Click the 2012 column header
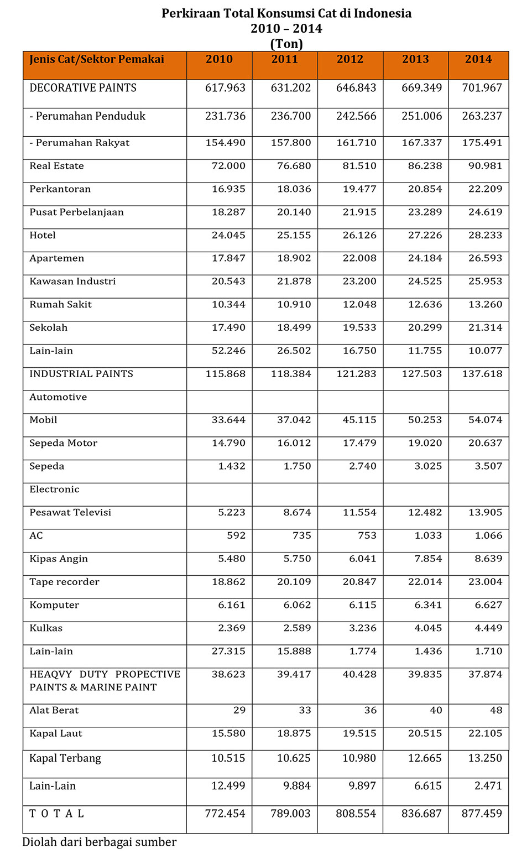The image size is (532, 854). [350, 60]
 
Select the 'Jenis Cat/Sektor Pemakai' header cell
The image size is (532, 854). [97, 60]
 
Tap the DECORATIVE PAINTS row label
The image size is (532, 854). [83, 88]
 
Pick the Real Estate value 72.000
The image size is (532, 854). [228, 166]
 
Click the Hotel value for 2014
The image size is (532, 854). [485, 235]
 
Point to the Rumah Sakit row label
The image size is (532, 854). [60, 305]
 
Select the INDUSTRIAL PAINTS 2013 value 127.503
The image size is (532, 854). [421, 374]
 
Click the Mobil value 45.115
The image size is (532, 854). [359, 420]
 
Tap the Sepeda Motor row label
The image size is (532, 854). [63, 443]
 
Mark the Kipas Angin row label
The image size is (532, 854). [59, 559]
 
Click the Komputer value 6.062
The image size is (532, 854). [297, 605]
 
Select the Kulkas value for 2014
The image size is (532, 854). [488, 628]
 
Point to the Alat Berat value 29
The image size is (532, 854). [239, 710]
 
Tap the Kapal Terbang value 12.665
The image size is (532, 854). [425, 758]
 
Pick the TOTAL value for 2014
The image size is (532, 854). [482, 814]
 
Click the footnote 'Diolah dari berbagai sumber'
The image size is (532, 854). [99, 842]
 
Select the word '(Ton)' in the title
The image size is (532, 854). [286, 44]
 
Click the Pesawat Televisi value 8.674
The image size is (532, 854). [297, 513]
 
